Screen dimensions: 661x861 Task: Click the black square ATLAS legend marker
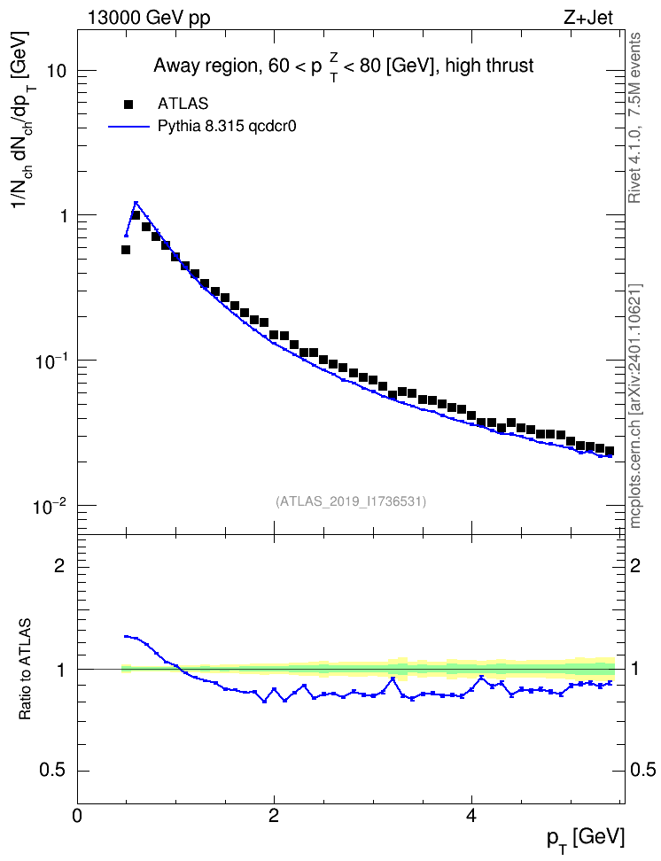coord(128,104)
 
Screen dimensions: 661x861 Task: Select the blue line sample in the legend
coord(129,127)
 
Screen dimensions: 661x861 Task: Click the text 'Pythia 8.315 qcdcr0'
coord(227,127)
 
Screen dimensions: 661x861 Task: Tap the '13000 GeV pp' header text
coord(149,18)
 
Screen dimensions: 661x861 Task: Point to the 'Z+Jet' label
coord(588,18)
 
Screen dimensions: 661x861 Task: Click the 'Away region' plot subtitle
coord(344,66)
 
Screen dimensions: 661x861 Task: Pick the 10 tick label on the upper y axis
coord(57,71)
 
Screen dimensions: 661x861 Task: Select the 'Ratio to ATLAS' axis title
coord(25,670)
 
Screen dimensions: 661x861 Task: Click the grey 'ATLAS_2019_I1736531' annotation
coord(351,501)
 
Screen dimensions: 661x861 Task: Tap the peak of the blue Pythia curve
coord(136,203)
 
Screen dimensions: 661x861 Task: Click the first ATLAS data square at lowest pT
coord(126,250)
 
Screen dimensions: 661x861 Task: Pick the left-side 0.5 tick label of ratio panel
coord(52,771)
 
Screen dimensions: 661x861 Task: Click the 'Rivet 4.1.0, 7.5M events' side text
coord(634,118)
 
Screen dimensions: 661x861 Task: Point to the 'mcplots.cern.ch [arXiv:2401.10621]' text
coord(635,406)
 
